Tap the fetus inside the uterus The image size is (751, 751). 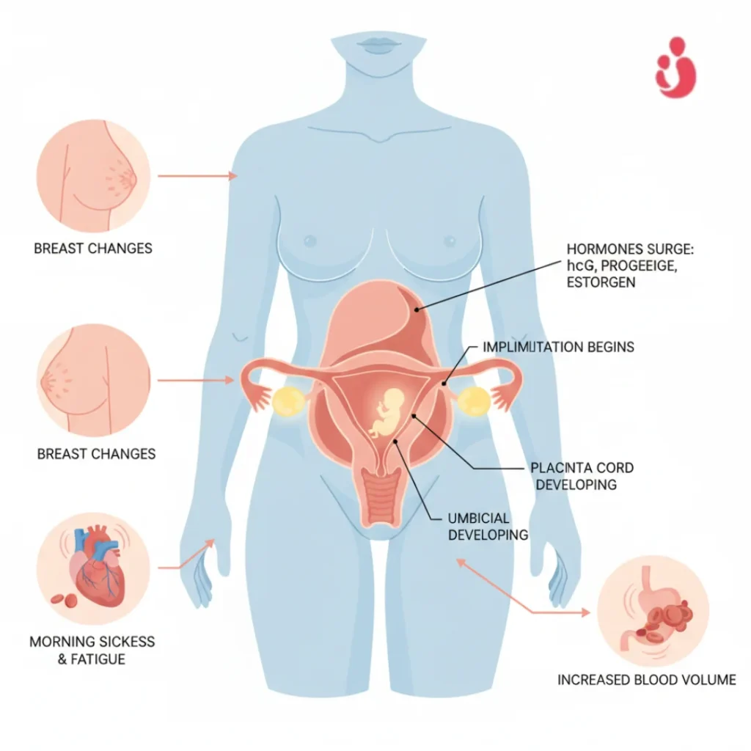click(x=387, y=411)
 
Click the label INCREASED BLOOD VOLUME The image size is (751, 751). click(x=646, y=680)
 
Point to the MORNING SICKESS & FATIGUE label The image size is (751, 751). click(x=92, y=650)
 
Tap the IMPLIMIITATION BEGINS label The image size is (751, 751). click(x=558, y=346)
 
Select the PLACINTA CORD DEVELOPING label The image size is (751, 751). click(x=582, y=476)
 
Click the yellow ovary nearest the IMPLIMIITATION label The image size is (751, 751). click(x=475, y=400)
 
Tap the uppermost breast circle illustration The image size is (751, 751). click(x=93, y=176)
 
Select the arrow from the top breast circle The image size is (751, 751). click(x=198, y=176)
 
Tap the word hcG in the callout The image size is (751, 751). click(x=579, y=266)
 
